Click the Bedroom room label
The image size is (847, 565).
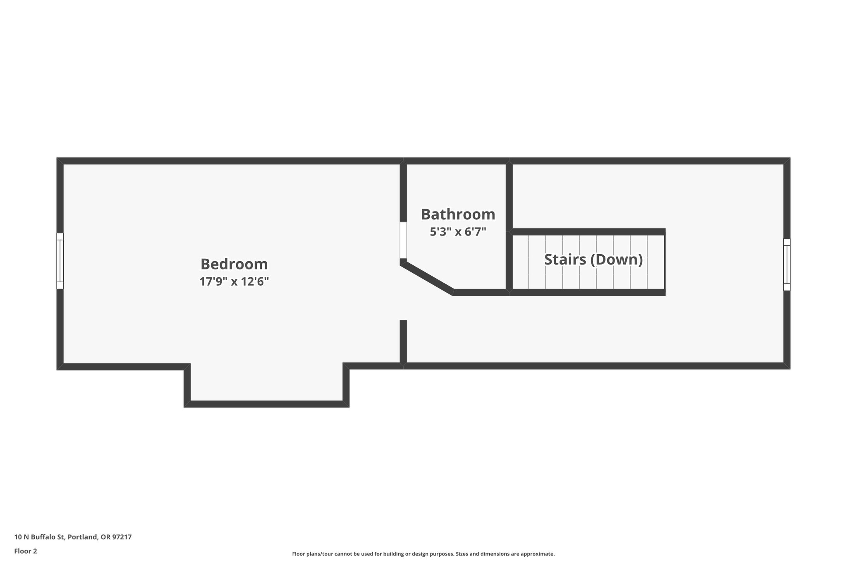click(234, 264)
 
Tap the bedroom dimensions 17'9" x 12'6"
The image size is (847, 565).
click(234, 282)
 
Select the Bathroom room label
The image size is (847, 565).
click(458, 214)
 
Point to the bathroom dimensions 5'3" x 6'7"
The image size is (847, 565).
click(458, 232)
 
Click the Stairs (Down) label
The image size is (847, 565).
click(593, 260)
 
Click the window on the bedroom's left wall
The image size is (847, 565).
click(60, 261)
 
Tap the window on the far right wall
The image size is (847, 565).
click(787, 264)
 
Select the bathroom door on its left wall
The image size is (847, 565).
click(403, 240)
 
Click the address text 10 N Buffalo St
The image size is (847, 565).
click(40, 537)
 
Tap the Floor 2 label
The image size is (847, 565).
click(26, 551)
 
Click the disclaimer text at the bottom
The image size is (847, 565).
click(423, 554)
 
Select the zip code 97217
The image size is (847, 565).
click(122, 537)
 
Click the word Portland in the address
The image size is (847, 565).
click(83, 537)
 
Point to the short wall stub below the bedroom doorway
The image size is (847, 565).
click(403, 341)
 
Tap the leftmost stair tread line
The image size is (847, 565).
click(529, 262)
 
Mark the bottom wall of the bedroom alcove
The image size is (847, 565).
click(267, 404)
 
